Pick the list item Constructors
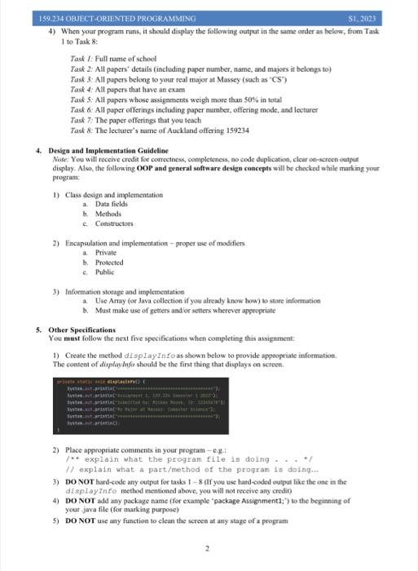click(115, 224)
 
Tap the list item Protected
click(110, 263)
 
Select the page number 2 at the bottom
click(208, 548)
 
